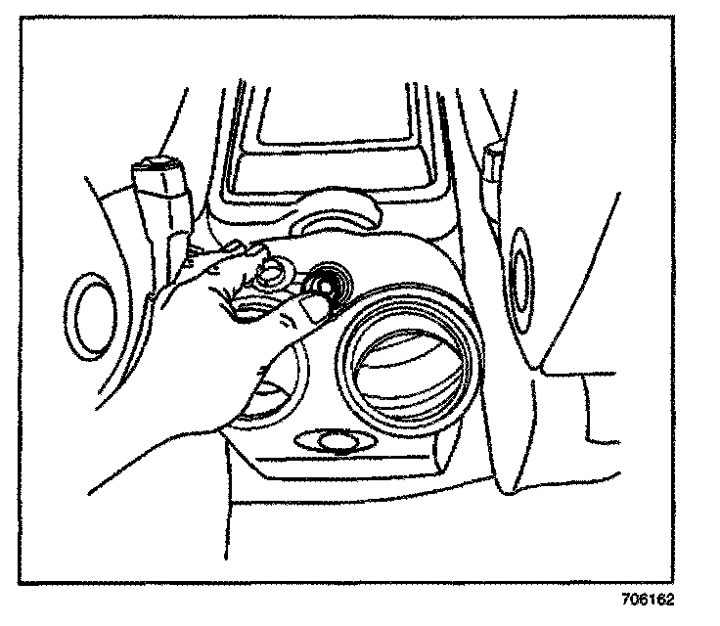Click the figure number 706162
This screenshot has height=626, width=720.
649,600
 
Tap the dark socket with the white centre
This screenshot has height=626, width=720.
327,286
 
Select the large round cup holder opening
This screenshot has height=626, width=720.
408,357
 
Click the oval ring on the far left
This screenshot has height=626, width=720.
89,317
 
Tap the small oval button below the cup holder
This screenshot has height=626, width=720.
336,441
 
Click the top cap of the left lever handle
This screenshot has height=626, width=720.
157,165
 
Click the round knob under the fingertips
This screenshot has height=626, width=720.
271,276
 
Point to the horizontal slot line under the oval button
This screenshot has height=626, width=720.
342,459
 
